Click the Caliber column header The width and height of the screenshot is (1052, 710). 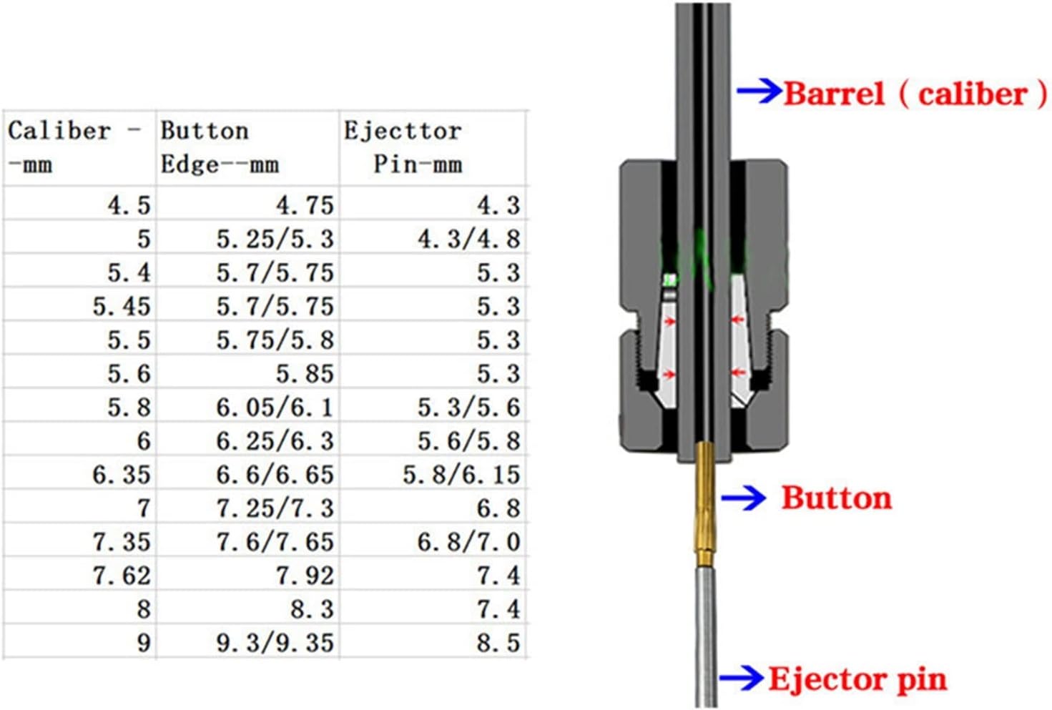click(74, 147)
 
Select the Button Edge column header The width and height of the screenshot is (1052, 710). click(220, 147)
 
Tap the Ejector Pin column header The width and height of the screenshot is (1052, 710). click(403, 147)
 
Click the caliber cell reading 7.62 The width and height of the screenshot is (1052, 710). click(122, 576)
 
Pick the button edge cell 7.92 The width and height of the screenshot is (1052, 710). click(305, 576)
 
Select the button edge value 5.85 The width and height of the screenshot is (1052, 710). click(305, 374)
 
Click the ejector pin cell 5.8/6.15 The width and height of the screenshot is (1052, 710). click(462, 474)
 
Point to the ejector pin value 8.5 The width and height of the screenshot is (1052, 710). click(498, 642)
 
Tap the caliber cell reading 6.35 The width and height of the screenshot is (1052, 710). click(122, 474)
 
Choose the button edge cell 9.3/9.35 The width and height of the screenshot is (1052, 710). click(275, 642)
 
